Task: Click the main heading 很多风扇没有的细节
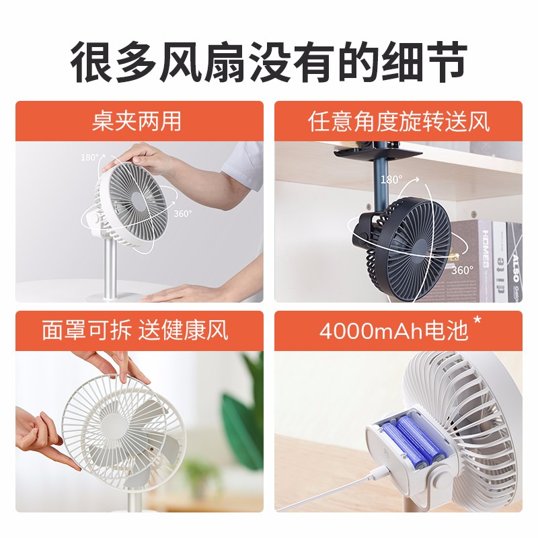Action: pos(268,61)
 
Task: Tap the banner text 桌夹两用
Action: pos(137,121)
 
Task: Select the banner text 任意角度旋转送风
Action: pos(398,121)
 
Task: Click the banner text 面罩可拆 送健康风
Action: pos(135,330)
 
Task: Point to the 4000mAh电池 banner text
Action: pos(393,331)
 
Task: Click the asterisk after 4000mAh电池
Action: pos(477,321)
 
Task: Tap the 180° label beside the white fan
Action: pos(89,157)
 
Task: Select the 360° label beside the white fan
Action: pos(182,214)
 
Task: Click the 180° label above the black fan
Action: pos(391,180)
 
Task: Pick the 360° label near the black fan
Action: pos(462,270)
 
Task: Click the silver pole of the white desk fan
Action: pos(110,262)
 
